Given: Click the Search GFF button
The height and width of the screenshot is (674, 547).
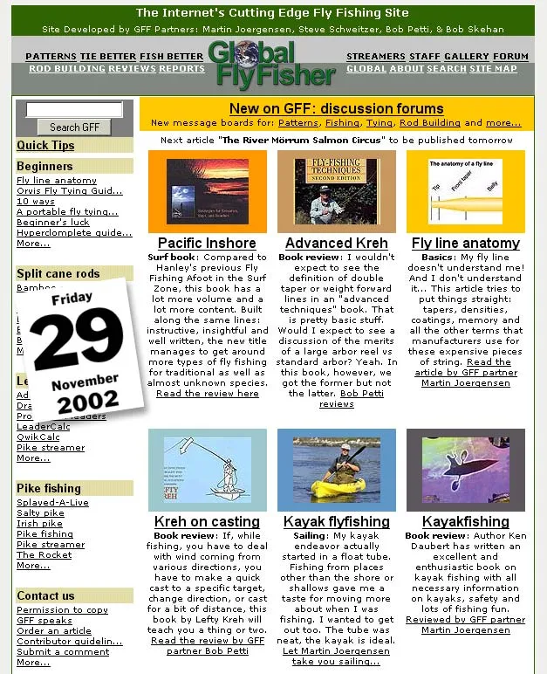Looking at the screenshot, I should [74, 127].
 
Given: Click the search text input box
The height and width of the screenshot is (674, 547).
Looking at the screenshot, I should [74, 110].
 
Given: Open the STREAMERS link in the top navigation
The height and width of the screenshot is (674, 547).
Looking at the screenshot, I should [375, 57].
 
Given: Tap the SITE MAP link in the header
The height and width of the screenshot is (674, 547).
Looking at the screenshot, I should [494, 69].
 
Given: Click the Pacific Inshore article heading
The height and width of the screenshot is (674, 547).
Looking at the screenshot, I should [207, 244].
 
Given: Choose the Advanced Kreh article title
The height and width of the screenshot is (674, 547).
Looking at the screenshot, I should [336, 244].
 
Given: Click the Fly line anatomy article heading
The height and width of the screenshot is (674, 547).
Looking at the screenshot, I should [465, 244].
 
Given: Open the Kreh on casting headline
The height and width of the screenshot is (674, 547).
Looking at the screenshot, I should [207, 522].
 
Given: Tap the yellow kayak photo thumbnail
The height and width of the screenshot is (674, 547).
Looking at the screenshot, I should [336, 470].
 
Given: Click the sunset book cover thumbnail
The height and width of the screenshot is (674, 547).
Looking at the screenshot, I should [207, 191].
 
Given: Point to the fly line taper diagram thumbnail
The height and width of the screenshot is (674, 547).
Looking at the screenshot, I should [465, 191].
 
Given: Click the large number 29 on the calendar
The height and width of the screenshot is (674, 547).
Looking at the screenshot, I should [78, 340].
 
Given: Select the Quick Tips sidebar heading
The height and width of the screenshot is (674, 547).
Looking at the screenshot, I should [45, 146].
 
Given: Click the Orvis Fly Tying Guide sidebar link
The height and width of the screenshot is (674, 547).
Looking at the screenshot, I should [70, 191].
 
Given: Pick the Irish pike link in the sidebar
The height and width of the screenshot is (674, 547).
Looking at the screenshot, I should [40, 524].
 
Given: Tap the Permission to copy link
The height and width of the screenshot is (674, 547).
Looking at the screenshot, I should [62, 610].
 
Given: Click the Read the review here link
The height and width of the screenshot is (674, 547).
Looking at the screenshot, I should [207, 394].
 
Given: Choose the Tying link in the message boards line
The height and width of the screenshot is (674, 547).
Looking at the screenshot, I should [379, 123].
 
